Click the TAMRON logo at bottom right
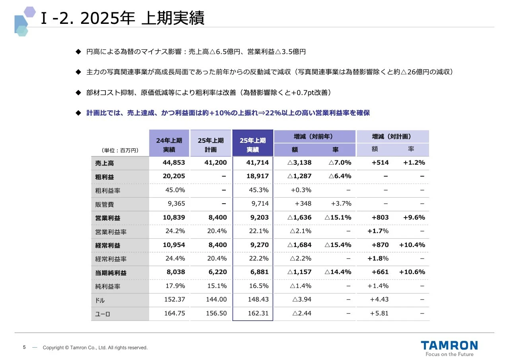point(449,345)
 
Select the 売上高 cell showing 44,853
point(174,162)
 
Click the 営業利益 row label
point(108,218)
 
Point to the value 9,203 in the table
point(260,217)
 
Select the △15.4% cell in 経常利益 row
point(338,245)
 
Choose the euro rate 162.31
point(258,313)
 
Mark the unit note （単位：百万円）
point(120,150)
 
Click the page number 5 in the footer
point(24,347)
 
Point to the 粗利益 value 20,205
point(174,176)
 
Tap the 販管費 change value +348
point(303,204)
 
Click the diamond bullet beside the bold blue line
point(78,113)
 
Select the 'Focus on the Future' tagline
point(449,354)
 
